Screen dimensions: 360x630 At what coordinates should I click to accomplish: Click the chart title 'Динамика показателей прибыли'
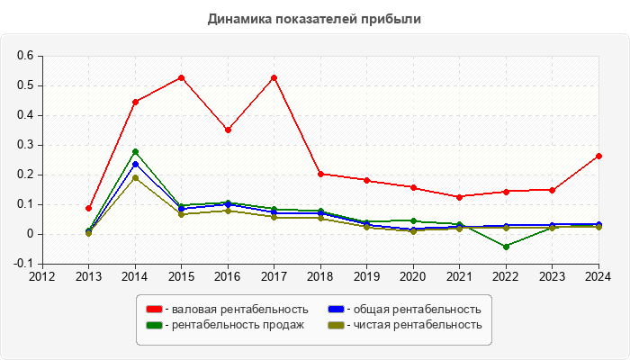(314, 18)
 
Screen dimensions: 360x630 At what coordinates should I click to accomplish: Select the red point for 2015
(181, 77)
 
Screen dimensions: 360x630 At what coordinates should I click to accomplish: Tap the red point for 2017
(274, 77)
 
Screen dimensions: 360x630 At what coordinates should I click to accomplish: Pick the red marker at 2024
(598, 156)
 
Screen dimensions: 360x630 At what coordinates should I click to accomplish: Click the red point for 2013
(88, 208)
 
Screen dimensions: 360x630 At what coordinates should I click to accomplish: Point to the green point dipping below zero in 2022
(506, 247)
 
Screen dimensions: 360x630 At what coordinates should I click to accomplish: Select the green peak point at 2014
(135, 152)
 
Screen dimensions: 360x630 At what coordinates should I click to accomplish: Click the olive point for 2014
(135, 178)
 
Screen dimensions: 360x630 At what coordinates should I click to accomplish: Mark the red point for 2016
(228, 130)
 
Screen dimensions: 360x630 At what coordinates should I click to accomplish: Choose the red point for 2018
(320, 174)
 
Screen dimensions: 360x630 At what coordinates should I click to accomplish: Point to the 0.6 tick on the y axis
(25, 56)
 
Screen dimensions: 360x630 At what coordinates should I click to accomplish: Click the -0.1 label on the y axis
(23, 264)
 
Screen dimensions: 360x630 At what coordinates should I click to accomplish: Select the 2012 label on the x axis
(41, 277)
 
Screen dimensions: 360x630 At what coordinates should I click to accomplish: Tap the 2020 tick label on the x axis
(413, 277)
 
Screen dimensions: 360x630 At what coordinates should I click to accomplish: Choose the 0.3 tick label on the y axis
(25, 145)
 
